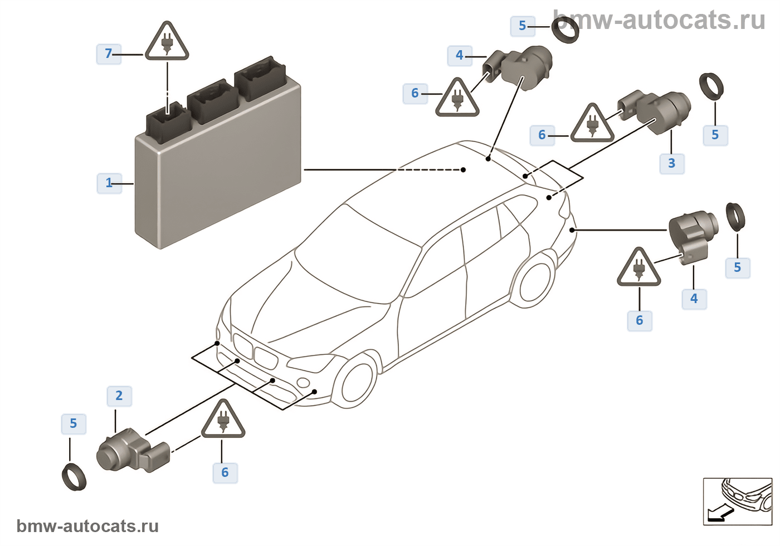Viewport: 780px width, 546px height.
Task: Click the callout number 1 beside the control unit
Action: click(x=109, y=183)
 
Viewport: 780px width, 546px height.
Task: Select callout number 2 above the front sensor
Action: click(x=119, y=396)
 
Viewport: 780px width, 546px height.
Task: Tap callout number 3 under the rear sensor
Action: click(x=671, y=163)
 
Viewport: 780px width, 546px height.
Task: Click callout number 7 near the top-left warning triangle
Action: click(x=109, y=53)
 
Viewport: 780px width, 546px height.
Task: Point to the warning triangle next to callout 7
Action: click(x=167, y=42)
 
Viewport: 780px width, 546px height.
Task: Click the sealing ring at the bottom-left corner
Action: click(x=74, y=477)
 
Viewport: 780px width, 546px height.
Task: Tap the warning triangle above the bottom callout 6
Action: click(x=223, y=421)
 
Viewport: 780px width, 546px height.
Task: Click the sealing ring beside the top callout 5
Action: click(x=565, y=29)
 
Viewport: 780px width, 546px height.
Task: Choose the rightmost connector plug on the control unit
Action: click(x=261, y=78)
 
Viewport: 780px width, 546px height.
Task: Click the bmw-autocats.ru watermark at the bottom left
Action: click(x=87, y=526)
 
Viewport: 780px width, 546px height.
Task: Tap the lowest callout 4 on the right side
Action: click(x=694, y=299)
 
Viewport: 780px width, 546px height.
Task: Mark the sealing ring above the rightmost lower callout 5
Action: click(x=735, y=217)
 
